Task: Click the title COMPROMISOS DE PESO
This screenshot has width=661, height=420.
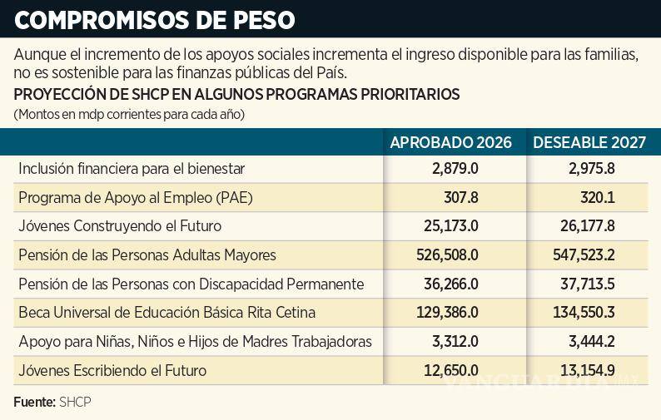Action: [x=153, y=17]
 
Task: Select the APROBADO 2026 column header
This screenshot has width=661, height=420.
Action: [x=450, y=142]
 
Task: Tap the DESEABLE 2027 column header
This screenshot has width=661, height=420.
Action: [x=589, y=142]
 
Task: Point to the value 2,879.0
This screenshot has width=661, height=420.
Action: [x=455, y=169]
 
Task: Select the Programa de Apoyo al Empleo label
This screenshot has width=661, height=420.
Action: [x=135, y=198]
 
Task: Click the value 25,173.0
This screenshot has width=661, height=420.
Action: [x=450, y=226]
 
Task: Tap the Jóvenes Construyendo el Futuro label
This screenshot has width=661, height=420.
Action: [x=120, y=226]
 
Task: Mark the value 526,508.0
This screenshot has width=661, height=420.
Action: [x=447, y=255]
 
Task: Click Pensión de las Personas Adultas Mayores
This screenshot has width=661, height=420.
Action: [x=147, y=255]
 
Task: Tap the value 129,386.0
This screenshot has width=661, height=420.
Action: [x=447, y=313]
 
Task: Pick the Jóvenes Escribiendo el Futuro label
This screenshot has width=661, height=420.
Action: [x=112, y=370]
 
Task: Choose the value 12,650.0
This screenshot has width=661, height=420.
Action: [x=450, y=370]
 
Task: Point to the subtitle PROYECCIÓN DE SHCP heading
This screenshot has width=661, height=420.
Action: [x=236, y=95]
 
